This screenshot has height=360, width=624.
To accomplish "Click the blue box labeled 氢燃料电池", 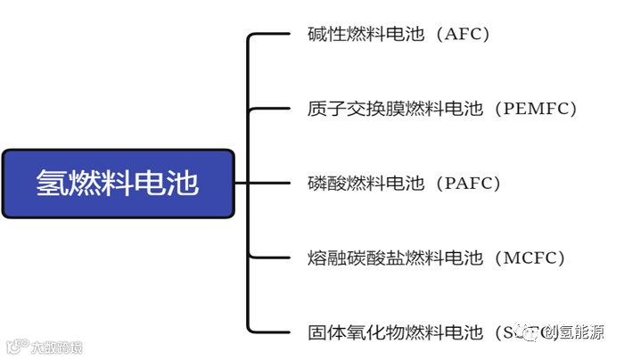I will click(x=118, y=184).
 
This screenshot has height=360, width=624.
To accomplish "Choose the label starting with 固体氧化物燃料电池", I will click(x=401, y=333).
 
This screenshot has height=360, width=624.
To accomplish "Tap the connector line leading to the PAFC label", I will click(x=267, y=184).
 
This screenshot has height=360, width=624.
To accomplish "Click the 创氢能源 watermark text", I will click(x=580, y=333).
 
